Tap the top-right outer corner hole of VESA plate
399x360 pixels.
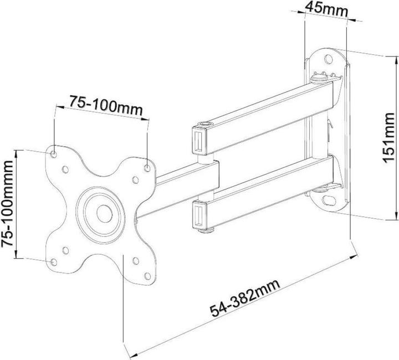147,165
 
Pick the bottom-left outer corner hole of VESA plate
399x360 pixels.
53,260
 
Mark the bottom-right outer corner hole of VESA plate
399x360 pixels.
146,275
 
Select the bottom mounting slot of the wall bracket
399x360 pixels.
331,197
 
